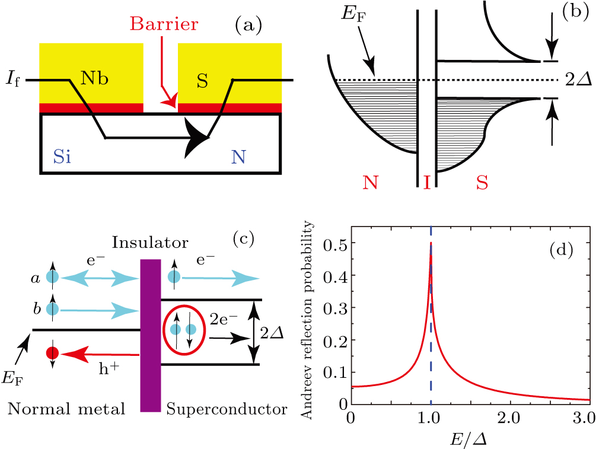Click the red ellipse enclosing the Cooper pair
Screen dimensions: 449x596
[x=183, y=330]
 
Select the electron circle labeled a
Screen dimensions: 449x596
[x=53, y=276]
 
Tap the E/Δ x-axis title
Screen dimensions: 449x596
[x=469, y=439]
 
